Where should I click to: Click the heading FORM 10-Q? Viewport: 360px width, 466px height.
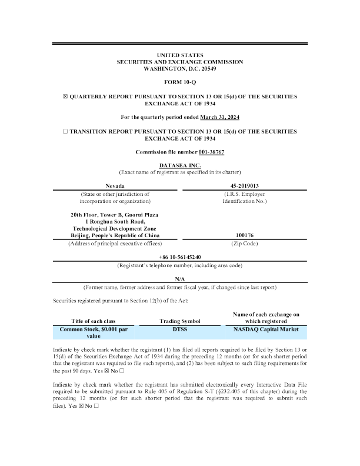(x=180, y=81)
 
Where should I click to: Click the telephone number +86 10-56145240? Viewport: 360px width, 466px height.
(x=180, y=257)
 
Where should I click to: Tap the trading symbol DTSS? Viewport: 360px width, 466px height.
(x=180, y=329)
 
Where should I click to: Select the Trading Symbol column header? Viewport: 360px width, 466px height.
(x=180, y=321)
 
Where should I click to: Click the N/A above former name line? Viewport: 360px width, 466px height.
(x=180, y=278)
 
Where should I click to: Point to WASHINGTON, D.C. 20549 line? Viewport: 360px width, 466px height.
(x=180, y=68)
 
